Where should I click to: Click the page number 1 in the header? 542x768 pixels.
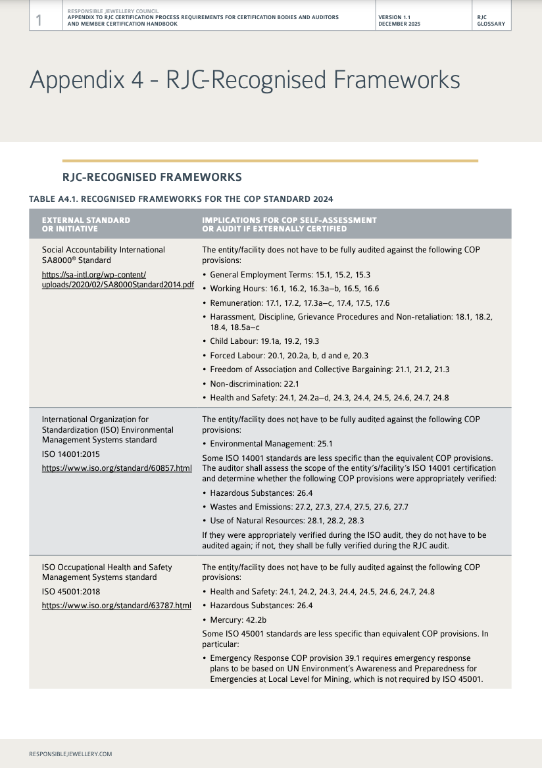tap(39, 21)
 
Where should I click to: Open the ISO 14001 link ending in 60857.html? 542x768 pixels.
tap(117, 468)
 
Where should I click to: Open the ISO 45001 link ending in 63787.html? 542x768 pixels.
tap(117, 606)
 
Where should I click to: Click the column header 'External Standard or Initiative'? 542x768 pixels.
tap(86, 224)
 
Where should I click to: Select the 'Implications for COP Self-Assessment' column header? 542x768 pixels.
tap(289, 224)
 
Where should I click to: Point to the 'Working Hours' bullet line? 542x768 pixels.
tap(294, 289)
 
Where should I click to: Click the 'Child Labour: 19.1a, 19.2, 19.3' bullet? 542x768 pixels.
tap(264, 341)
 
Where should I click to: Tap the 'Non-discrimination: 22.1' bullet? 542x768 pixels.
tap(255, 384)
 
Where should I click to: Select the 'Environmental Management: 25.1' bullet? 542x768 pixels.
tap(271, 444)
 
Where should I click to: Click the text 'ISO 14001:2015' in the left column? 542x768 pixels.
tap(70, 454)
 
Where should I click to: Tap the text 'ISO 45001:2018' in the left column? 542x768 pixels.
tap(70, 592)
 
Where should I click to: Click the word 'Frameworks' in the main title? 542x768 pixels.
tap(397, 80)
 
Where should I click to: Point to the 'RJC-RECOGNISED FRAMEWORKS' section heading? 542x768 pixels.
tap(152, 178)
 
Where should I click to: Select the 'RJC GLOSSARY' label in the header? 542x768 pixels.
tap(491, 20)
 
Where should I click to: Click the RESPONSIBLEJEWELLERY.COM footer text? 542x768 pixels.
tap(70, 754)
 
